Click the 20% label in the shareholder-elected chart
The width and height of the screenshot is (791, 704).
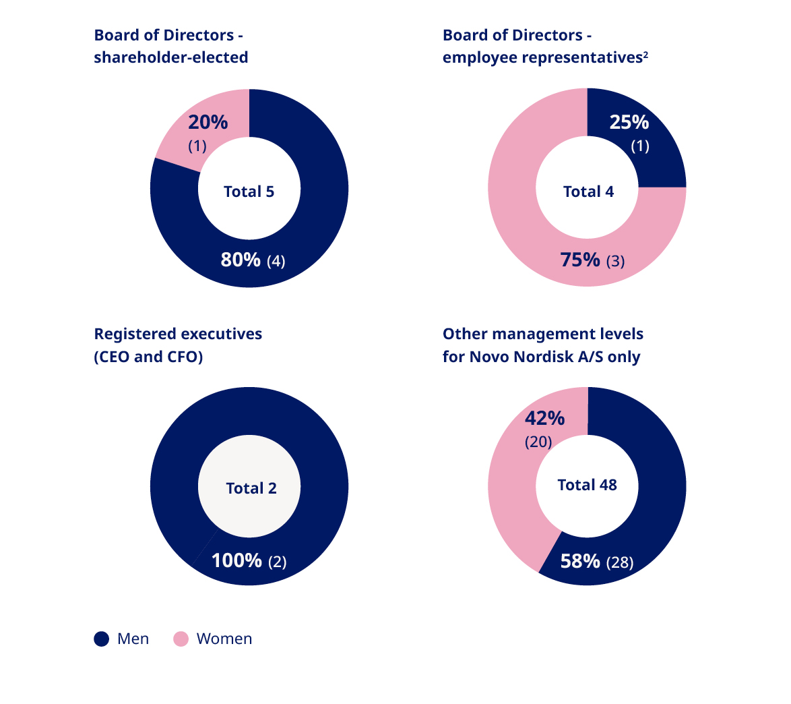(x=208, y=122)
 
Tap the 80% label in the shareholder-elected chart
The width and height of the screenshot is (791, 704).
(x=241, y=260)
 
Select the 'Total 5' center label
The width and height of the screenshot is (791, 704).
(x=249, y=192)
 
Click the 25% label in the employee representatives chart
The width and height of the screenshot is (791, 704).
(x=629, y=122)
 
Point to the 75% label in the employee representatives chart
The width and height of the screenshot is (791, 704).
(x=580, y=260)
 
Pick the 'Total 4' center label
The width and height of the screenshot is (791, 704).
(x=588, y=192)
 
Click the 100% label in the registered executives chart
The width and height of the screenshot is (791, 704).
(x=236, y=560)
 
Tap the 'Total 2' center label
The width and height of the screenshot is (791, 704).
(x=251, y=488)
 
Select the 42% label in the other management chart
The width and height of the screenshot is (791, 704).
(x=544, y=418)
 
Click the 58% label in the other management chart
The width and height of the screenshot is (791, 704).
(x=580, y=560)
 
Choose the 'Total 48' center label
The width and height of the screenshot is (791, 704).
(x=587, y=485)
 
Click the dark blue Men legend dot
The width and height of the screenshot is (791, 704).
(x=102, y=639)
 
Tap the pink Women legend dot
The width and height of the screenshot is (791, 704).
(x=181, y=639)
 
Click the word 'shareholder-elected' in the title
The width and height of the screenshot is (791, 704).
(x=171, y=58)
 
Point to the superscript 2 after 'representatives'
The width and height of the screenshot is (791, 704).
(x=645, y=55)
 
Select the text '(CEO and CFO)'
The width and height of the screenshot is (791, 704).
(x=148, y=357)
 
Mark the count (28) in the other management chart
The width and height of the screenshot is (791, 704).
(x=620, y=562)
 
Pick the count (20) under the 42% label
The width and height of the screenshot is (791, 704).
(x=538, y=442)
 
